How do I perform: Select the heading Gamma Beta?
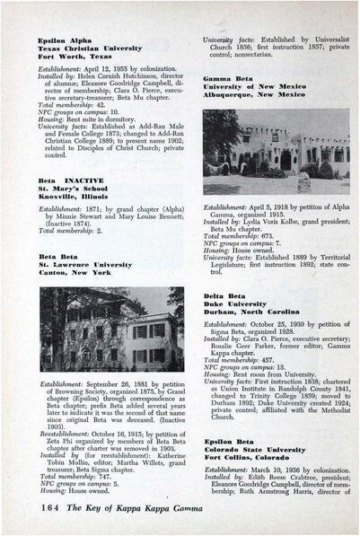pos(228,79)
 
